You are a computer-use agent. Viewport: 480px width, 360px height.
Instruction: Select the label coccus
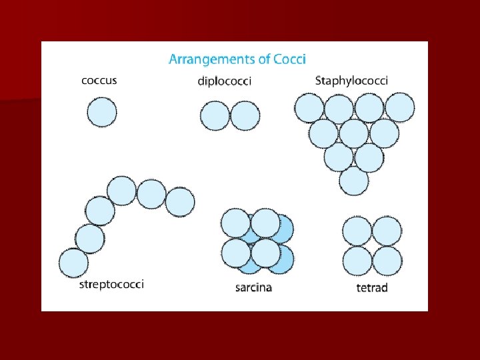click(99, 80)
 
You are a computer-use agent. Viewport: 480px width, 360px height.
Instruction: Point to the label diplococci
click(225, 81)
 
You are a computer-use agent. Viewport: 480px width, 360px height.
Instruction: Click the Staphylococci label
click(351, 80)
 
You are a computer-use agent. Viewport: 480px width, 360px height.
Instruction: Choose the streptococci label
click(111, 285)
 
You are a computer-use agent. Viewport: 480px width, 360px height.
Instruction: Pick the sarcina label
click(254, 288)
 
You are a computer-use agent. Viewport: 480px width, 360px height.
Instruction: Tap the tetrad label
click(372, 288)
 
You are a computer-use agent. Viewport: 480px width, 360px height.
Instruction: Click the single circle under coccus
click(102, 111)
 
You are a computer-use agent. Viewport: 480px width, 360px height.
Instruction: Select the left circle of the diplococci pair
click(215, 115)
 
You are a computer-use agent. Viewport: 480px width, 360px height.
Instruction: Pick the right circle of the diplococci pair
click(243, 115)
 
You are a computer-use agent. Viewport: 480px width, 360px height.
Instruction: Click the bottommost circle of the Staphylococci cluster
click(354, 181)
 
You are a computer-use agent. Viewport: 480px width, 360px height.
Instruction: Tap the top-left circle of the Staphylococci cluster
click(309, 108)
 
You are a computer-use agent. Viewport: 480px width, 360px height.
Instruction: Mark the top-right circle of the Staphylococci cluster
click(400, 107)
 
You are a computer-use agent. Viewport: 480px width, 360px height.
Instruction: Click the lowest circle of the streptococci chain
click(73, 263)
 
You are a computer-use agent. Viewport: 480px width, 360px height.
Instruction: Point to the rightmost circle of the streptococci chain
click(180, 202)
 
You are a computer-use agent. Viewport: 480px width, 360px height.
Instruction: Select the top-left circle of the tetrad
click(357, 231)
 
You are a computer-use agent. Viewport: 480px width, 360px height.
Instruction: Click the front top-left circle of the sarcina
click(235, 223)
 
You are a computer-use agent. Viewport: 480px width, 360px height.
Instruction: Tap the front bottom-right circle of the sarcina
click(265, 253)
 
